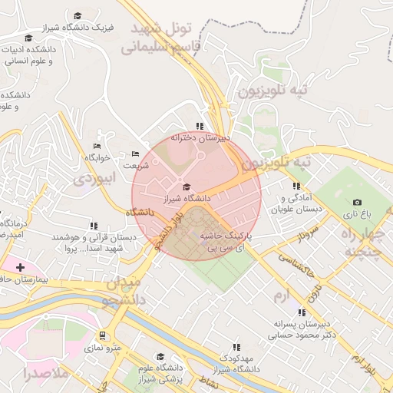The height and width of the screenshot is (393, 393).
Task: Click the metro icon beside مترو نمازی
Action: [102, 335]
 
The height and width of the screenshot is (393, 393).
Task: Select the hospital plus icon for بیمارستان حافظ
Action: [19, 266]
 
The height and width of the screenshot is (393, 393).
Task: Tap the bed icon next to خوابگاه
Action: [97, 146]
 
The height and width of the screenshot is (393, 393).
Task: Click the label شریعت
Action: [136, 165]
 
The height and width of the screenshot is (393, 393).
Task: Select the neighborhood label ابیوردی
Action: [97, 179]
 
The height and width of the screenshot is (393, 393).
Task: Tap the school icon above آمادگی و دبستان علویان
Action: [296, 186]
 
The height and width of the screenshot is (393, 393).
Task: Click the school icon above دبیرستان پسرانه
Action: [301, 312]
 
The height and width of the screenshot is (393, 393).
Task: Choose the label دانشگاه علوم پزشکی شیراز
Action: [160, 374]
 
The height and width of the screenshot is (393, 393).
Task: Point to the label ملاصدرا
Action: [46, 374]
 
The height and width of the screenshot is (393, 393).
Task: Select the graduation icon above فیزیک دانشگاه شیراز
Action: [77, 15]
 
